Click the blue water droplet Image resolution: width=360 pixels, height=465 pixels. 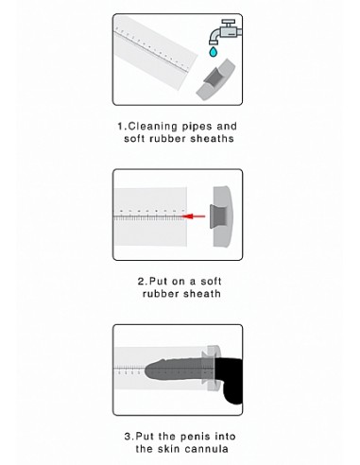click(x=214, y=52)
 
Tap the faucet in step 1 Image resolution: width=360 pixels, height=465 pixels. click(x=225, y=32)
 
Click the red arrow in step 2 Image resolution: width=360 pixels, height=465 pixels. click(x=194, y=216)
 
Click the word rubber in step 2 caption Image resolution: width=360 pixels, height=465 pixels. click(x=161, y=294)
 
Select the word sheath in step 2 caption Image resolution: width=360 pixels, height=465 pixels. click(x=202, y=294)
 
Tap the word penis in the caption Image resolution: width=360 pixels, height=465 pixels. click(x=195, y=437)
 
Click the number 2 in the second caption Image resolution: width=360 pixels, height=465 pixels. click(x=141, y=281)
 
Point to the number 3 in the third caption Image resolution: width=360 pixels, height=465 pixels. click(x=128, y=437)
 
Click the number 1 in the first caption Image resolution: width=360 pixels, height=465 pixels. click(x=120, y=127)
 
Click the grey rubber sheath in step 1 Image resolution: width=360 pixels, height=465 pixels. click(x=215, y=79)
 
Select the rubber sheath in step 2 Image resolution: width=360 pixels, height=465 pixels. click(x=222, y=216)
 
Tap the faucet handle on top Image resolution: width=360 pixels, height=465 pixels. click(x=228, y=23)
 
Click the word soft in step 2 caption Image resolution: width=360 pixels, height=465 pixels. click(x=211, y=281)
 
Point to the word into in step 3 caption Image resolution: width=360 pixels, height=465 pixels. click(x=225, y=437)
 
